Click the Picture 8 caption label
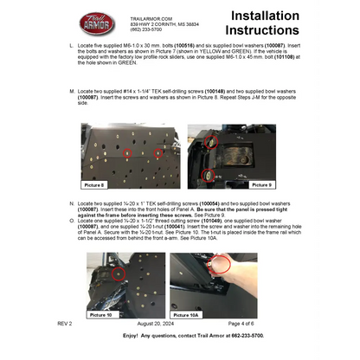[94, 184]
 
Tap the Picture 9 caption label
[262, 184]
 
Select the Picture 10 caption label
[101, 315]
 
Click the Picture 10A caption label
[187, 315]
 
